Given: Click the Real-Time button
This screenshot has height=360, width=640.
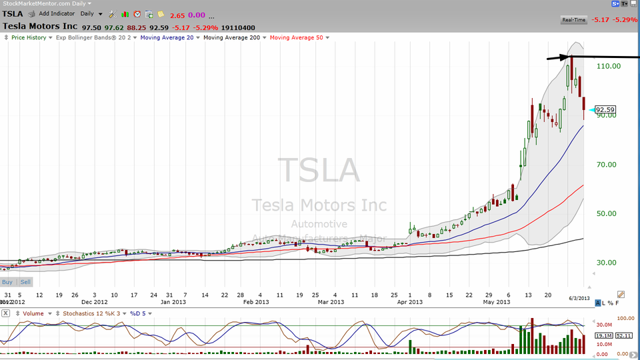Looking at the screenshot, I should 574,20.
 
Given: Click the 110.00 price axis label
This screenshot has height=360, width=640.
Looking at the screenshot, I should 608,66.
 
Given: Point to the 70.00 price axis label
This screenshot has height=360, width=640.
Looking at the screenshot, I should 608,165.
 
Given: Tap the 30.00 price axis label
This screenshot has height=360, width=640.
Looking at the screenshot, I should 608,263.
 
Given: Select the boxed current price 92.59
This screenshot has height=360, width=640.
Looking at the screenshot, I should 605,110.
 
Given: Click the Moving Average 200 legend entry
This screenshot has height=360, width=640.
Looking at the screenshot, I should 233,37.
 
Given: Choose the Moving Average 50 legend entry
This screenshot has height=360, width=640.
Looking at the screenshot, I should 297,37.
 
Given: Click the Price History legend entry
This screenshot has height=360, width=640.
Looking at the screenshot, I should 29,37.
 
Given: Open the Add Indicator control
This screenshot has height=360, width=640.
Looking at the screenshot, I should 56,13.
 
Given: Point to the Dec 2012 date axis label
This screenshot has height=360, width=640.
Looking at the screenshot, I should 95,301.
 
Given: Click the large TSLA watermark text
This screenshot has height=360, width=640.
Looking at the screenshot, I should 319,170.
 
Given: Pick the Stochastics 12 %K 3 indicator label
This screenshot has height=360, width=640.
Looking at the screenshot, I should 87,313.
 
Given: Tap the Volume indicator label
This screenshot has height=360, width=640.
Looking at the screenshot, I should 33,313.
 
